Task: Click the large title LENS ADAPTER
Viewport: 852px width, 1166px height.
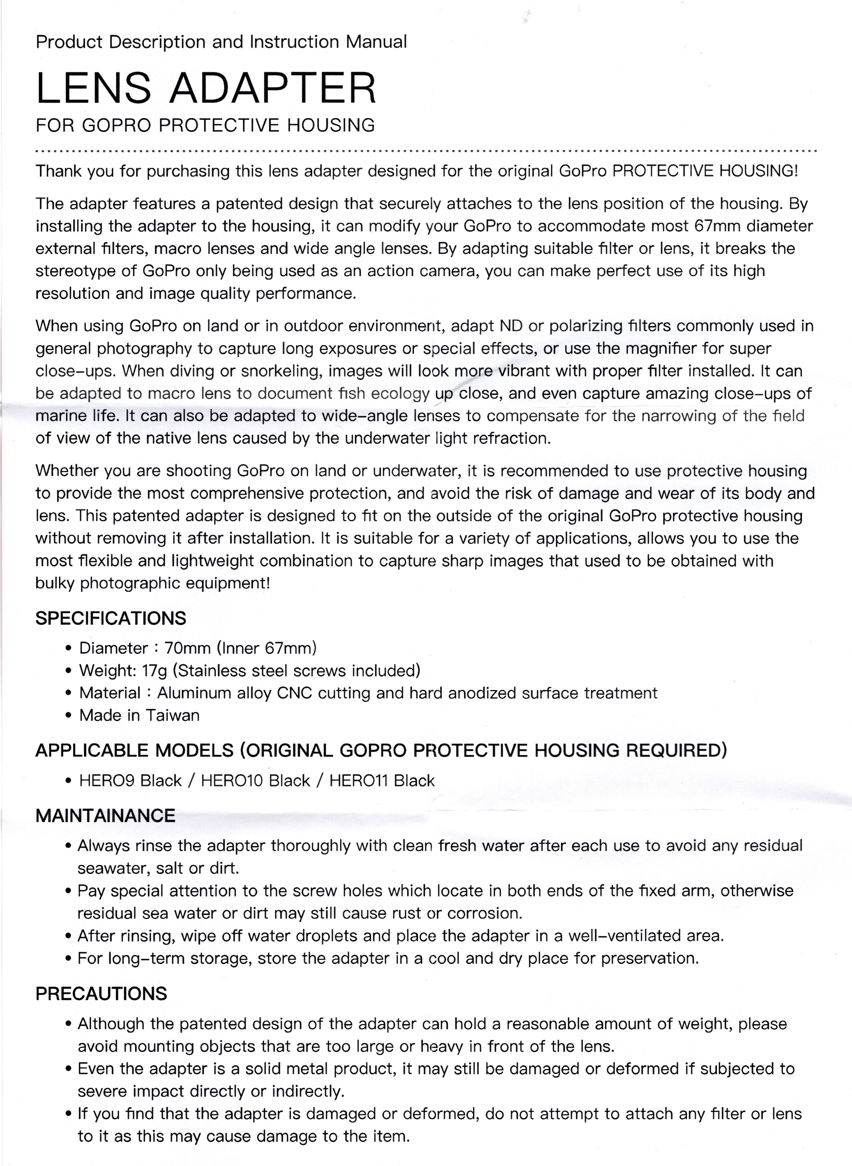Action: coord(206,88)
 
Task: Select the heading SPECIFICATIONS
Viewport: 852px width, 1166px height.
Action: coord(110,618)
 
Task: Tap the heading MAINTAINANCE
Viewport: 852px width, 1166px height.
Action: coord(105,815)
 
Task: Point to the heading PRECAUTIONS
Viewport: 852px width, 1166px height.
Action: coord(101,994)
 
